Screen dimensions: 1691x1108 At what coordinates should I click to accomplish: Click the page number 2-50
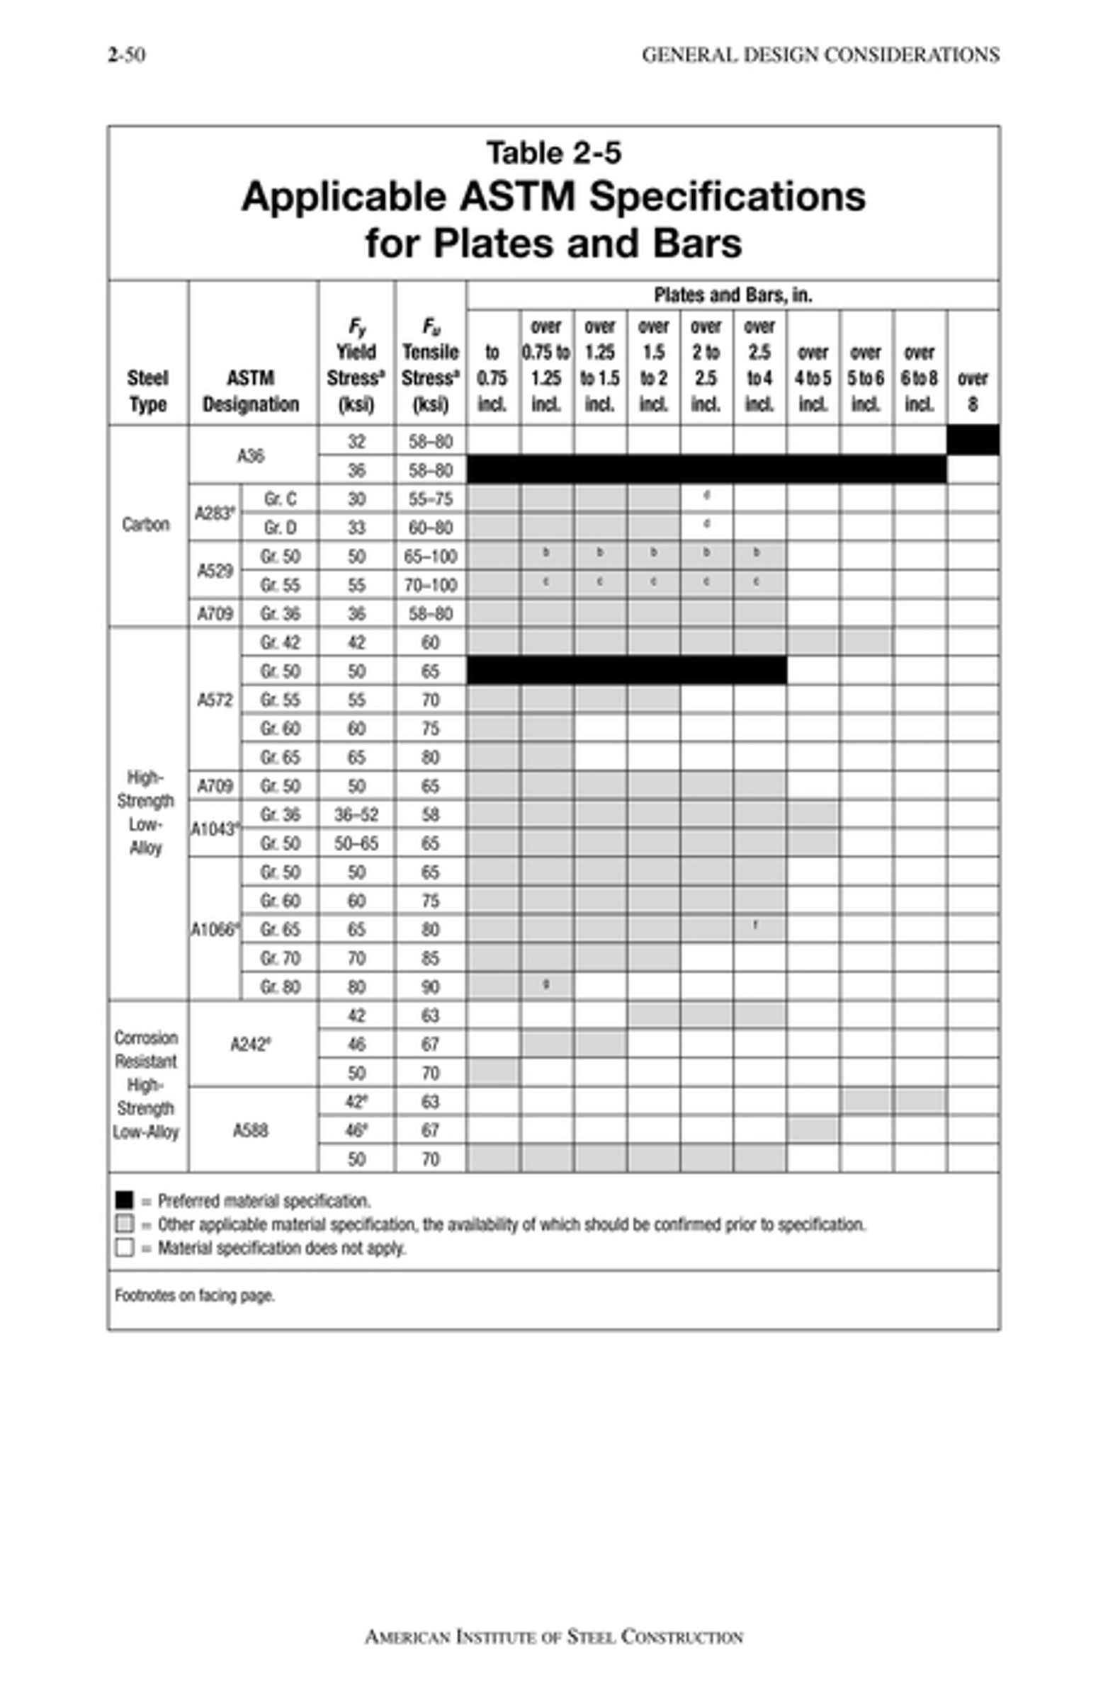(127, 55)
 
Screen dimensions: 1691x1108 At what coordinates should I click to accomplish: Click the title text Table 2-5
(553, 153)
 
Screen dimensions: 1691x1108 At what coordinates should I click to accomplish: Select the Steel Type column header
(148, 391)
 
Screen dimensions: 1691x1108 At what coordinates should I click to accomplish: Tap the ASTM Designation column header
(251, 391)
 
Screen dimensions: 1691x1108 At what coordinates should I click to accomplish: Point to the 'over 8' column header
(971, 391)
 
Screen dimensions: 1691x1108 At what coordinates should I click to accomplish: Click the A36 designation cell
(251, 455)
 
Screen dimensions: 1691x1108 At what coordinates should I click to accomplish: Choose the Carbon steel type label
(146, 524)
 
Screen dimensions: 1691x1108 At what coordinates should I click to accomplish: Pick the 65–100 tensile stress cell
(430, 557)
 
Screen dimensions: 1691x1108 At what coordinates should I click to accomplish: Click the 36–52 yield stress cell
(356, 815)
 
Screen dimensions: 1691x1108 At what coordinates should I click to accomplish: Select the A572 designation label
(215, 700)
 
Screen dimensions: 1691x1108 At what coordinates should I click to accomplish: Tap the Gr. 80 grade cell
(280, 987)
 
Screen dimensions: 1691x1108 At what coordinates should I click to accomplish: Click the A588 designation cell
(251, 1130)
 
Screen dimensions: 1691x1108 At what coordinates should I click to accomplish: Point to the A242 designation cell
(251, 1044)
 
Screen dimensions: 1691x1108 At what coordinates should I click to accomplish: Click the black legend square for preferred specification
(125, 1200)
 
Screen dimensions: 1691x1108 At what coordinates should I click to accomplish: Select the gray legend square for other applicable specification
(125, 1224)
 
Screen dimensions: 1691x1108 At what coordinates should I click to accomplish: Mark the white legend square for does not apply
(125, 1248)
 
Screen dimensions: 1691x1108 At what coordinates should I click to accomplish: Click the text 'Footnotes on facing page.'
(195, 1295)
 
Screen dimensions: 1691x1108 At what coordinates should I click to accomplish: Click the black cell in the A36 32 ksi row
(972, 440)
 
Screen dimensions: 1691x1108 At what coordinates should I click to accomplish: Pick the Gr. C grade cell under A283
(280, 499)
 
